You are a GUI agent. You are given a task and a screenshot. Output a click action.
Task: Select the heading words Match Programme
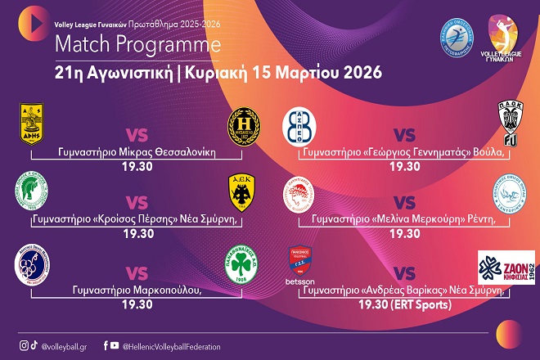click(x=110, y=42)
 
